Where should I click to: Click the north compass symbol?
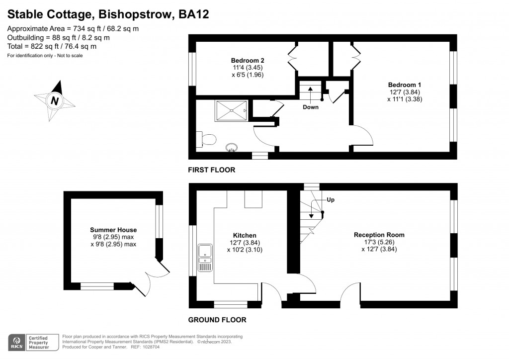click(x=55, y=100)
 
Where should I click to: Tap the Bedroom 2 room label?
click(x=244, y=60)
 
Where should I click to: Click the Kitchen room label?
click(x=245, y=235)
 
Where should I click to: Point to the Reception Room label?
click(x=379, y=235)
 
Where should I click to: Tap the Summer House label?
click(x=113, y=230)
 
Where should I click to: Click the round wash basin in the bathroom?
click(x=232, y=147)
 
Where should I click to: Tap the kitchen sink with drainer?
click(x=204, y=258)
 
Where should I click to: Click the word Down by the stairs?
click(x=311, y=107)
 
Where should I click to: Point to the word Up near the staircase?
click(x=331, y=199)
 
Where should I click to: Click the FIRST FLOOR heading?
click(x=211, y=170)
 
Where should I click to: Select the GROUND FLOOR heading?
click(x=217, y=320)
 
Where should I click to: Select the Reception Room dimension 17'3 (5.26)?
click(x=379, y=242)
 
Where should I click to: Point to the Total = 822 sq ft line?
click(x=52, y=46)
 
